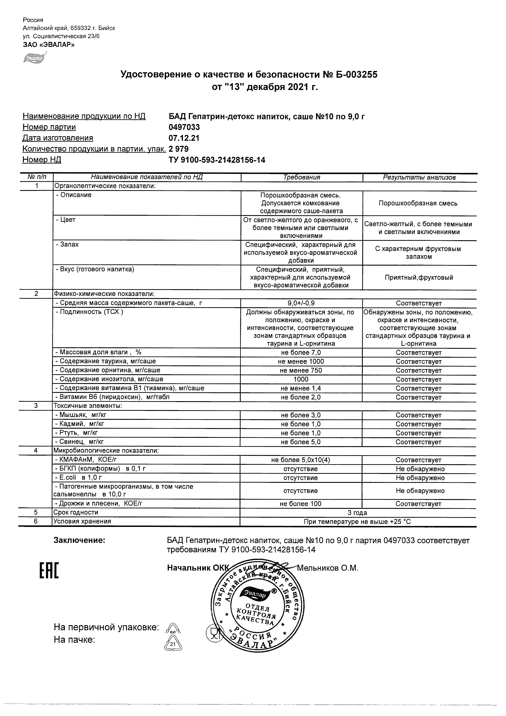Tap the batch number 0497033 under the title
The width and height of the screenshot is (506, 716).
pyautogui.click(x=184, y=127)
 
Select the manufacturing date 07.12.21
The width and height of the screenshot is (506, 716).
pyautogui.click(x=184, y=138)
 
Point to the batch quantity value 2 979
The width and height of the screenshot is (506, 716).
pyautogui.click(x=179, y=149)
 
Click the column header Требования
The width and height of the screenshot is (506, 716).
pyautogui.click(x=301, y=177)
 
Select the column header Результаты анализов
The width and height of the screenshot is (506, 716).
pyautogui.click(x=419, y=177)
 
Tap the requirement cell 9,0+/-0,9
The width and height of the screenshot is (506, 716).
pyautogui.click(x=301, y=303)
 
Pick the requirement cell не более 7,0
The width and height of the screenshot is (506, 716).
pyautogui.click(x=301, y=353)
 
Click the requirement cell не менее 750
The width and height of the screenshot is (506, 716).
pyautogui.click(x=301, y=371)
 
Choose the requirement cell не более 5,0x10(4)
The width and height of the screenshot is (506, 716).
pyautogui.click(x=300, y=460)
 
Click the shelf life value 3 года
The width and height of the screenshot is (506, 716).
pyautogui.click(x=357, y=513)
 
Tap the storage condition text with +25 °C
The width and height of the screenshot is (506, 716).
pyautogui.click(x=357, y=522)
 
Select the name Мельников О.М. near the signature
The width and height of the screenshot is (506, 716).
pyautogui.click(x=327, y=568)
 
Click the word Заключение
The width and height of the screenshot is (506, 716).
pyautogui.click(x=80, y=540)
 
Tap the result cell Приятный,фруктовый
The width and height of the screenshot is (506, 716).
pyautogui.click(x=419, y=278)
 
